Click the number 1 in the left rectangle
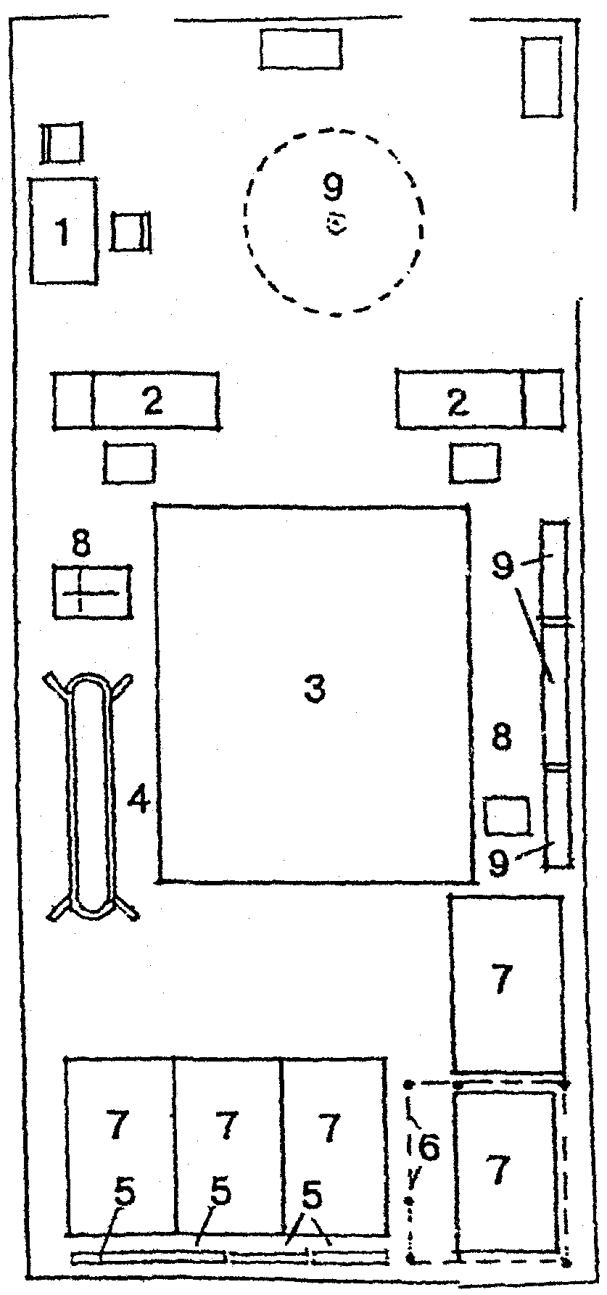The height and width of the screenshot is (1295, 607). pyautogui.click(x=63, y=233)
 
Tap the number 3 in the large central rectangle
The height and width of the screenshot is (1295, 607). pyautogui.click(x=315, y=690)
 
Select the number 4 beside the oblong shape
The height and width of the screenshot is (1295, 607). pyautogui.click(x=139, y=800)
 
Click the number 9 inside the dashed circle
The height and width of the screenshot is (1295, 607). pyautogui.click(x=333, y=188)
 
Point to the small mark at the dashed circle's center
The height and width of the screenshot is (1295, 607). pyautogui.click(x=335, y=223)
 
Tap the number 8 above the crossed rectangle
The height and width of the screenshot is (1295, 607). pyautogui.click(x=82, y=543)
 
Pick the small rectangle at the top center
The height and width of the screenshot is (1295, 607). pyautogui.click(x=300, y=50)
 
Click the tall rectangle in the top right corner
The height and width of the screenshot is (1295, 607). pyautogui.click(x=542, y=77)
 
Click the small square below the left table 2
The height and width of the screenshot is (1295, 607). pyautogui.click(x=129, y=462)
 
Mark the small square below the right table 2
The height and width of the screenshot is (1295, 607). pyautogui.click(x=475, y=463)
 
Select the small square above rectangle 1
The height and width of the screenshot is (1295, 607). pyautogui.click(x=62, y=143)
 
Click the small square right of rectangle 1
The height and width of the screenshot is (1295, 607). pyautogui.click(x=131, y=232)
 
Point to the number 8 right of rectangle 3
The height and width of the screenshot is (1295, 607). pyautogui.click(x=501, y=738)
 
